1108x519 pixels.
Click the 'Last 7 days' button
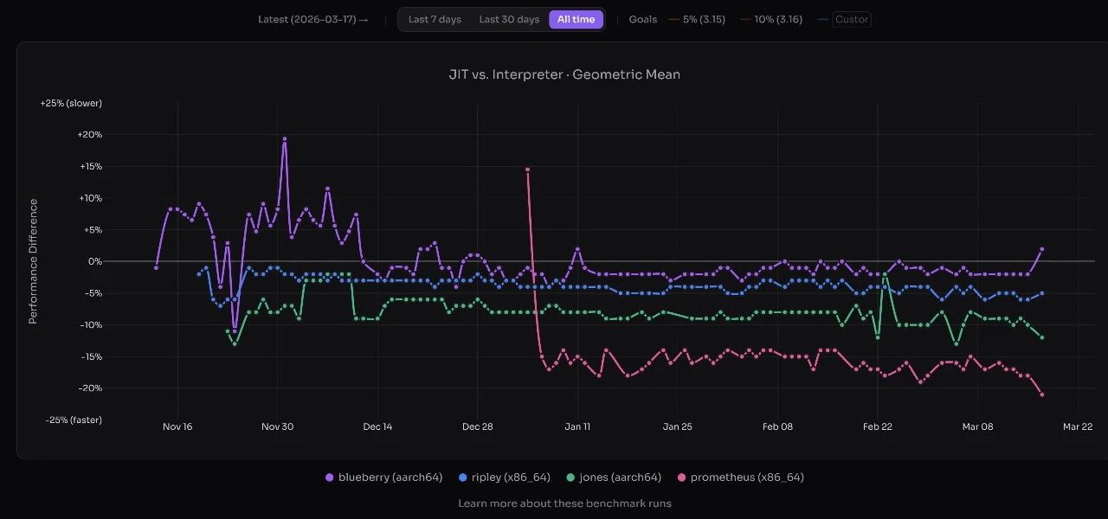[x=435, y=19]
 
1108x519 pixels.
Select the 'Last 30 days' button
[x=509, y=19]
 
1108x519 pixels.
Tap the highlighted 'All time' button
[x=576, y=19]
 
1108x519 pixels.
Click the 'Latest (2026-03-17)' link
[x=312, y=19]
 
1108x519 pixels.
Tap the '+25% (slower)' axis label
[x=71, y=103]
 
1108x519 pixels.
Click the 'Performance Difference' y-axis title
[x=33, y=261]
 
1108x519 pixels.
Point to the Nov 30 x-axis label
[x=277, y=426]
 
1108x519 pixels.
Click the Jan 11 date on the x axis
[x=577, y=426]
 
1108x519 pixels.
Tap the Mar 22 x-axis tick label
[x=1077, y=426]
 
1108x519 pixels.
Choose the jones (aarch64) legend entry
[x=614, y=477]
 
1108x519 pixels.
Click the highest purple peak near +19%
[x=284, y=138]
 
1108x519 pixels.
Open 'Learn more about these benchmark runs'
[x=564, y=503]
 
